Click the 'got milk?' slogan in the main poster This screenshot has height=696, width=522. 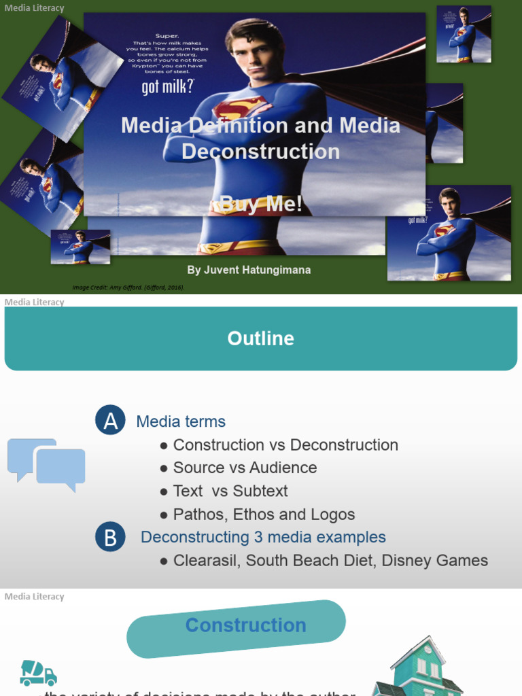167,87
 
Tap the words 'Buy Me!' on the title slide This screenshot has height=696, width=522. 262,204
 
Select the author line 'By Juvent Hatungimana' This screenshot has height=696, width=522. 249,270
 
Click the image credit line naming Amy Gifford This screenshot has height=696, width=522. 128,288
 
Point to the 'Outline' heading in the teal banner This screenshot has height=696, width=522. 261,338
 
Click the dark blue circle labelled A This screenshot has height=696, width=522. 111,421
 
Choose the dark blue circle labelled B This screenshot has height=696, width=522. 111,538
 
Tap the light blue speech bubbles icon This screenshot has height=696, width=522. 46,464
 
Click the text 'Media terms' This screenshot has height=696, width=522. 181,421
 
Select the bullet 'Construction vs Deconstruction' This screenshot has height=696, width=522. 285,445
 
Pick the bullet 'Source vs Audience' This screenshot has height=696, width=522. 245,468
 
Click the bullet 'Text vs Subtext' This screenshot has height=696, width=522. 230,491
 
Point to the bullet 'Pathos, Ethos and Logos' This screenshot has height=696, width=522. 264,515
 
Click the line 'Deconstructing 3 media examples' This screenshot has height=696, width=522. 263,537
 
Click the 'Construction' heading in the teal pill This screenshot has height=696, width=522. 245,625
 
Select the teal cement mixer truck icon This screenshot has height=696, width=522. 38,672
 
